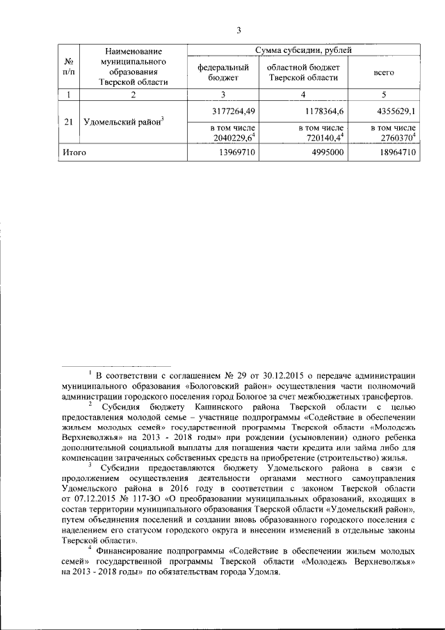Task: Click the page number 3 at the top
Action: coord(238,29)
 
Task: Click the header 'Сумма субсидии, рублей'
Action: coord(304,50)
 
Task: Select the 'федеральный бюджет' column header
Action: coord(222,72)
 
